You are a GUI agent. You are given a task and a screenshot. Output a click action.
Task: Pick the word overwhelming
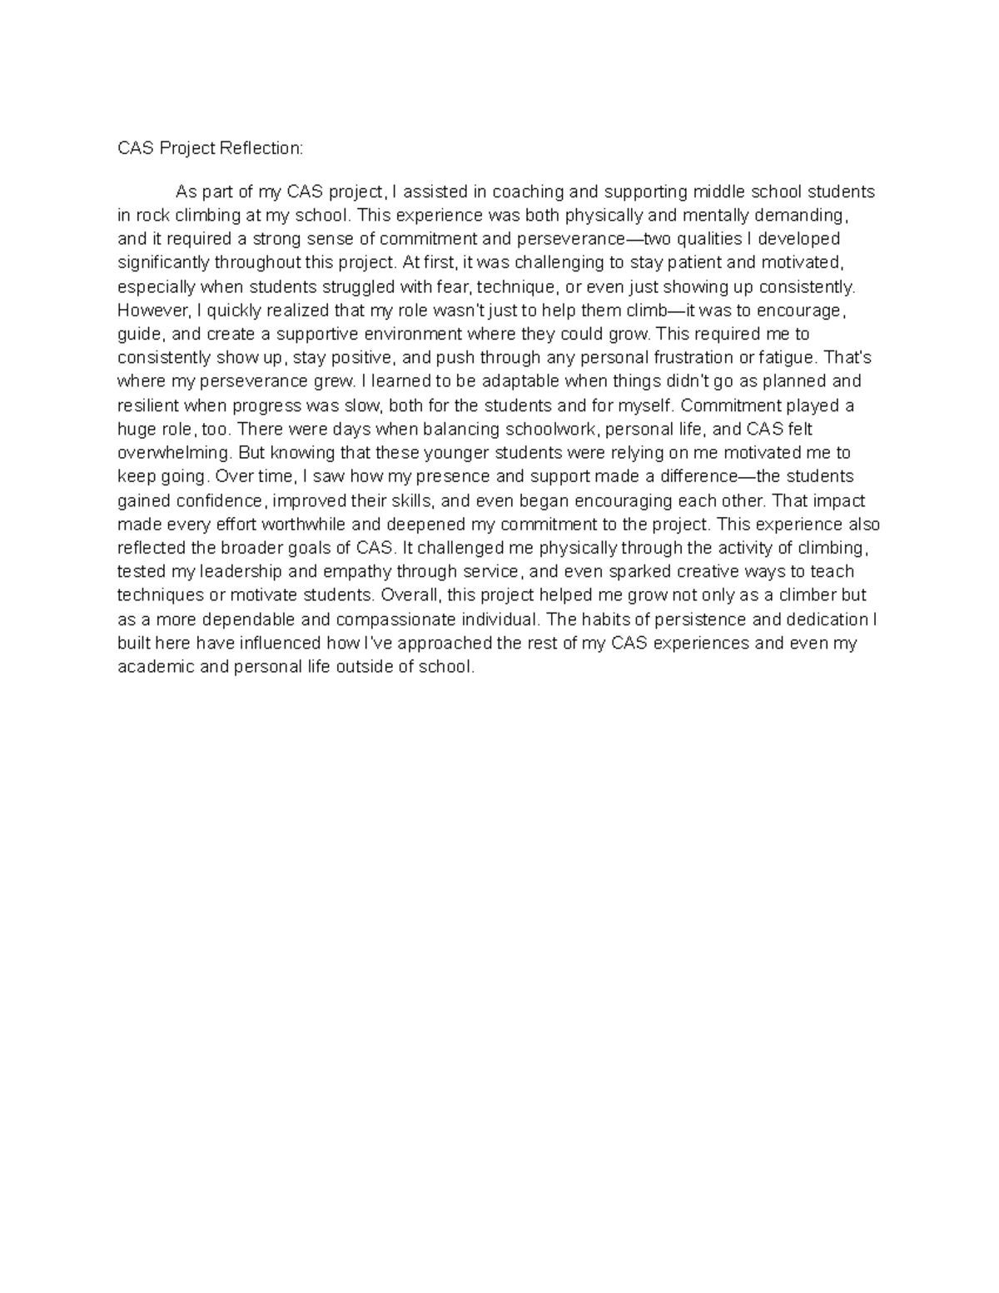(x=174, y=454)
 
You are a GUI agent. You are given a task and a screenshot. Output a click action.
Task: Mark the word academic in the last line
(x=156, y=668)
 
